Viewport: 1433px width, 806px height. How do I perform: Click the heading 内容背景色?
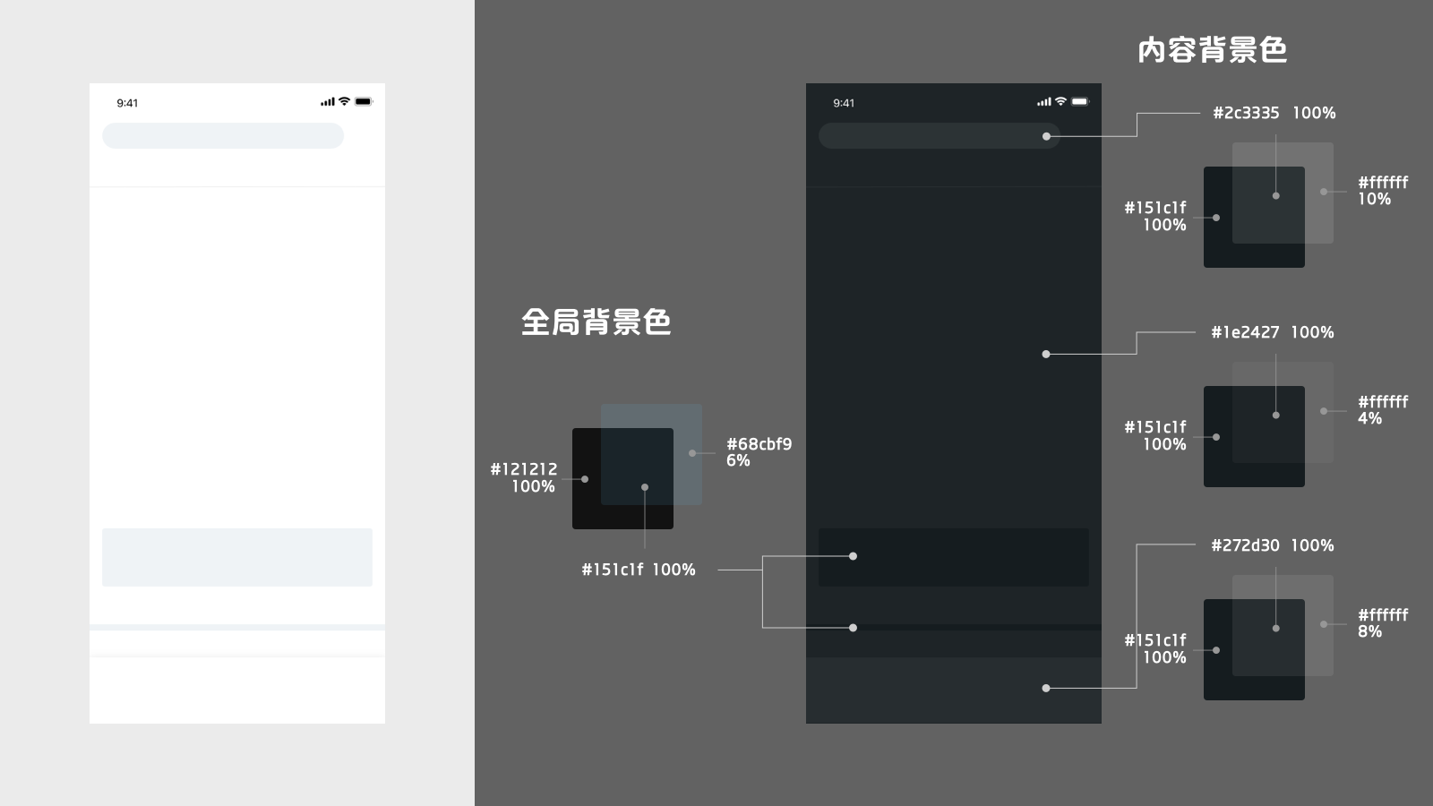coord(1212,50)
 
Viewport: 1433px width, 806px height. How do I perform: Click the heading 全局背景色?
coord(596,322)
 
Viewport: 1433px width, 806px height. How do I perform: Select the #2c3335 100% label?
coord(1274,113)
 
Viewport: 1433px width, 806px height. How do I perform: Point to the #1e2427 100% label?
coord(1272,332)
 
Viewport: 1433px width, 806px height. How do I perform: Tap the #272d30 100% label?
coord(1272,545)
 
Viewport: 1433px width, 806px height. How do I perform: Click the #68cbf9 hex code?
coord(759,444)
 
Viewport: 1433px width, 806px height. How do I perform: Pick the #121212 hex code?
coord(523,469)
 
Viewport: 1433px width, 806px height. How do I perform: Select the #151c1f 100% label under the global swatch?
coord(638,570)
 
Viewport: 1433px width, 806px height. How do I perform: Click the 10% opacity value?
coord(1374,200)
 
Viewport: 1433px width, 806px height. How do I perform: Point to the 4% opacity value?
coord(1369,418)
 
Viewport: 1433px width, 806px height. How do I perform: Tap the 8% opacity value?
coord(1369,631)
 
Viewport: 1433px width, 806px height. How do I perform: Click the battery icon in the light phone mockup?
coord(363,102)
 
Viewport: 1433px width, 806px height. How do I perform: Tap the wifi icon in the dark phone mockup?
coord(1060,101)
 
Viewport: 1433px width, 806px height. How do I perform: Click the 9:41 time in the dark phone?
coord(844,103)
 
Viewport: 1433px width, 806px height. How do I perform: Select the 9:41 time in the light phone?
coord(127,103)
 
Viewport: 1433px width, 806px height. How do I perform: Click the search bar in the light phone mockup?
coord(222,136)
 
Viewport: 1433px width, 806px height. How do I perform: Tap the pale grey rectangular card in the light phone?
coord(236,557)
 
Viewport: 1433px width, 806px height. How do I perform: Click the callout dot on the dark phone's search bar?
coord(1046,136)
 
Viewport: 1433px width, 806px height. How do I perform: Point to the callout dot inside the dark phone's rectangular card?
coord(853,556)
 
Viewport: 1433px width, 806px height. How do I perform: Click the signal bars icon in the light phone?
coord(327,102)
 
